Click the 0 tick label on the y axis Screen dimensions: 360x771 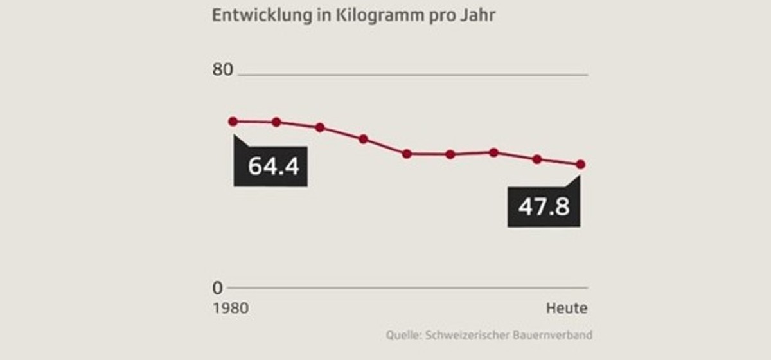(218, 287)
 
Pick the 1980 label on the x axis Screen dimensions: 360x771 (230, 309)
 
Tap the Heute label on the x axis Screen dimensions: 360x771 (567, 309)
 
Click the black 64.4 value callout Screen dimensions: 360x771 (270, 166)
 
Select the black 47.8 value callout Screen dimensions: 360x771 (544, 207)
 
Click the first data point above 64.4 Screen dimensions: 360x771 (233, 122)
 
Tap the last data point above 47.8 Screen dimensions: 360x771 (581, 165)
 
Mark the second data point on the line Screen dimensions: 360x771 (276, 122)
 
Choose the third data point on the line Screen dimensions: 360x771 (319, 127)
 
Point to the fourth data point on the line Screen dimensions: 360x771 (363, 139)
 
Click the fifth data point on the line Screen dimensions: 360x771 (407, 154)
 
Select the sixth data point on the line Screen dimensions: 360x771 (450, 154)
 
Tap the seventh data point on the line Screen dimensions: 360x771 (493, 152)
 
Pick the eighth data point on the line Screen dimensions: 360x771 (537, 159)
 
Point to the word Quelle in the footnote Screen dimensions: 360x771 (400, 335)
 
